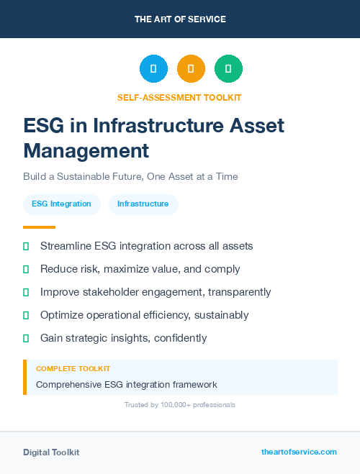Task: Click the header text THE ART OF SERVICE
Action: (180, 19)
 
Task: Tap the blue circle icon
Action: (153, 69)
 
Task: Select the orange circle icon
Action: (191, 69)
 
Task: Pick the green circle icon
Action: (228, 69)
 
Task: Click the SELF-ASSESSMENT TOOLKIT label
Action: (179, 97)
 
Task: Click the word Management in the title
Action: (86, 150)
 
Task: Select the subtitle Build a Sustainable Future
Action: (130, 176)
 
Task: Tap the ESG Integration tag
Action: (61, 204)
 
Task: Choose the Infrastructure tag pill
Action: (143, 204)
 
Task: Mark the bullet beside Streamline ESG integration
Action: (26, 246)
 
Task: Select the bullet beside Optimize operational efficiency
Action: (26, 315)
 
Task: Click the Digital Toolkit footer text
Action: (51, 452)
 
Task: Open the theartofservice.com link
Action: (299, 452)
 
